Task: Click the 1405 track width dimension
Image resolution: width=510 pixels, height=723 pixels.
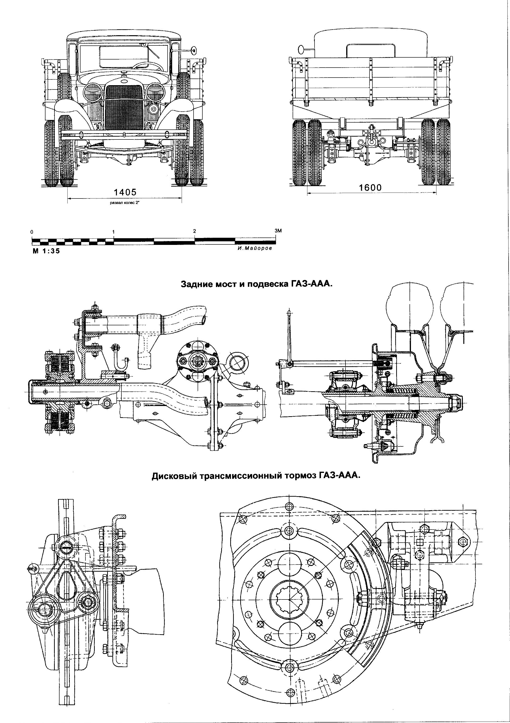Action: coord(125,192)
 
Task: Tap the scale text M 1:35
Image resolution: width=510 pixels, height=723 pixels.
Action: coord(46,251)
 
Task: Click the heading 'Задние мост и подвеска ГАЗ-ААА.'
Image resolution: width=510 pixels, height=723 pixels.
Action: coord(256,284)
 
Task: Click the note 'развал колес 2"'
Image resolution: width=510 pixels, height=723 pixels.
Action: coord(125,203)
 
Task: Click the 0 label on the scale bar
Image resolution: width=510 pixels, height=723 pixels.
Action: coord(32,232)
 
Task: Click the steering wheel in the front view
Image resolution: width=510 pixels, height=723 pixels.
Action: coord(146,65)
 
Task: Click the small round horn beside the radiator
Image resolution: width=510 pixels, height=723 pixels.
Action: coord(154,109)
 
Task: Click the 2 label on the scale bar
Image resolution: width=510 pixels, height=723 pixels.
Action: coord(195,231)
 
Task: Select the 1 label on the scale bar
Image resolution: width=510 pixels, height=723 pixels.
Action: coord(113,232)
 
